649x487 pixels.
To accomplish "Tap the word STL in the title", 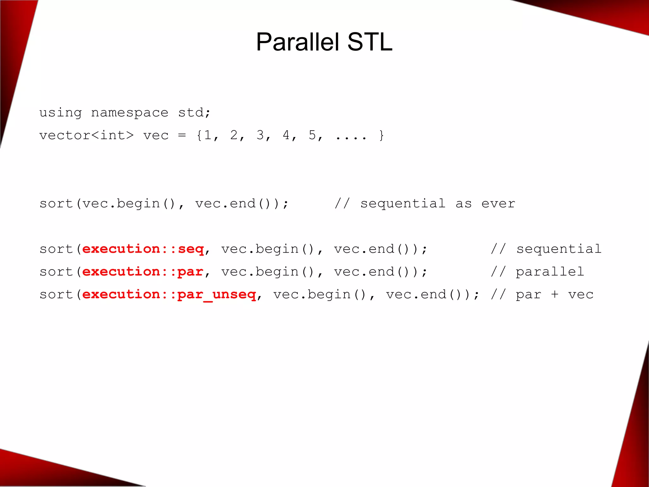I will point(370,42).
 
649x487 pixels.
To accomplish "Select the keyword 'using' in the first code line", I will point(61,113).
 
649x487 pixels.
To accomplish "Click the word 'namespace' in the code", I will point(130,113).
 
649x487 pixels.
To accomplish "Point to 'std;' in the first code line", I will point(194,113).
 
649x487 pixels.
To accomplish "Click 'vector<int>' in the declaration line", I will point(87,135).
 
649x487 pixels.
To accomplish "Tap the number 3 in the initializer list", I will point(260,135).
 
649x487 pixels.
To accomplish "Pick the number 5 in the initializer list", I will point(312,135).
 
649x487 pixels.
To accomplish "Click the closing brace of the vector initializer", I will point(382,135).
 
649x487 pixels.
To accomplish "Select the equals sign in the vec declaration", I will point(182,135).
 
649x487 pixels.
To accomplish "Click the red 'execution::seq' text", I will point(143,249).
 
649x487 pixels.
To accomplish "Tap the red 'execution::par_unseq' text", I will point(169,295).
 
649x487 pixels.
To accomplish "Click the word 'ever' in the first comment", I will point(498,204).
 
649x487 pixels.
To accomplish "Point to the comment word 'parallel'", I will point(550,272).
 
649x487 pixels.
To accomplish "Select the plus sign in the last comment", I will point(555,295).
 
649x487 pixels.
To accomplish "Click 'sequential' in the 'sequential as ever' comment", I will point(403,204).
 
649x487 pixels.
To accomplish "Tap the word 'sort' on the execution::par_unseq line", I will point(56,295).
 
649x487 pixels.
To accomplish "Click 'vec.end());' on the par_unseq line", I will point(433,295).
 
